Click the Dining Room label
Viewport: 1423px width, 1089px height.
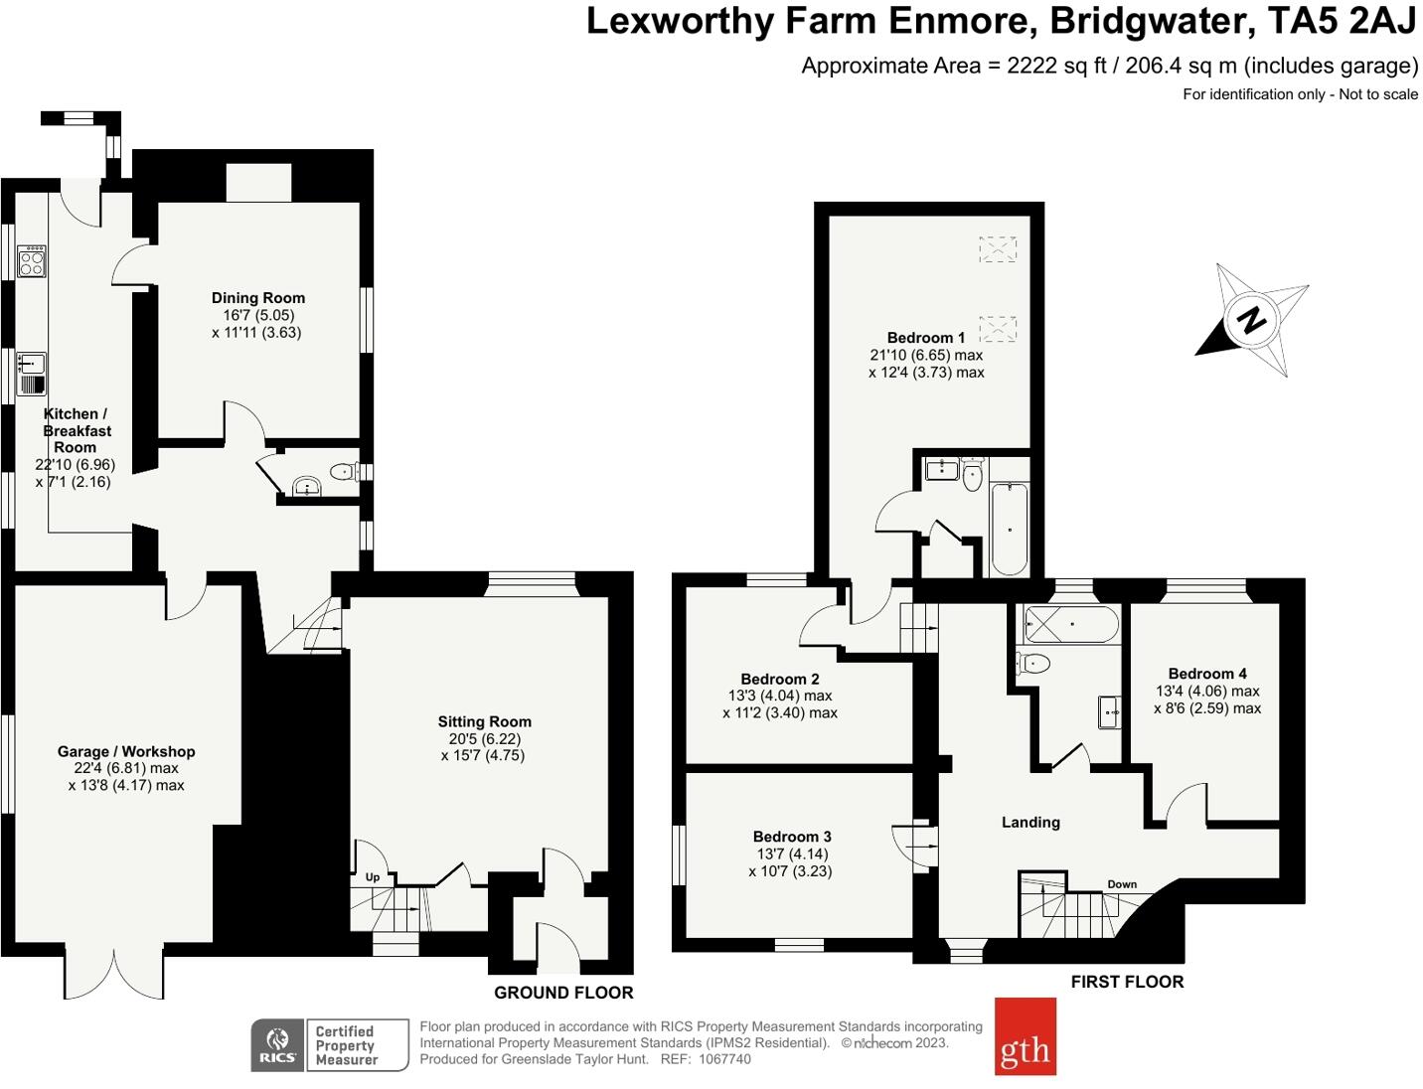point(258,298)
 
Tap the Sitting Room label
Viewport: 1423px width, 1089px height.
point(484,721)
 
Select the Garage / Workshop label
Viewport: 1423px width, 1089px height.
point(126,751)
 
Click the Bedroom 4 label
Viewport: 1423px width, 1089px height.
point(1207,674)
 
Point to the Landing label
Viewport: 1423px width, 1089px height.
point(1030,823)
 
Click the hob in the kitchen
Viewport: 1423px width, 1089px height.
point(32,261)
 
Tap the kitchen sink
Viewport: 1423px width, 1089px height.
point(32,374)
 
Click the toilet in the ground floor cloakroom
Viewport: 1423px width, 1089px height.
point(344,471)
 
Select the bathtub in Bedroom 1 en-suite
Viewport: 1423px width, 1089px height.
point(1010,529)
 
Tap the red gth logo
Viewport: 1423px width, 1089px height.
point(1025,1036)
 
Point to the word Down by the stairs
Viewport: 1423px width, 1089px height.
point(1122,884)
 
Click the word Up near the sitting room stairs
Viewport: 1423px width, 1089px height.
point(372,877)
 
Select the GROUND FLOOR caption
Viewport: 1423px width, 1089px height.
point(563,993)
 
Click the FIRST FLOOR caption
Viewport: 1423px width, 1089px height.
point(1128,982)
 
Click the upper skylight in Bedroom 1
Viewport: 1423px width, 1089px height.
point(998,249)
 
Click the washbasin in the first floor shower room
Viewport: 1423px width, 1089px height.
point(1109,712)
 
